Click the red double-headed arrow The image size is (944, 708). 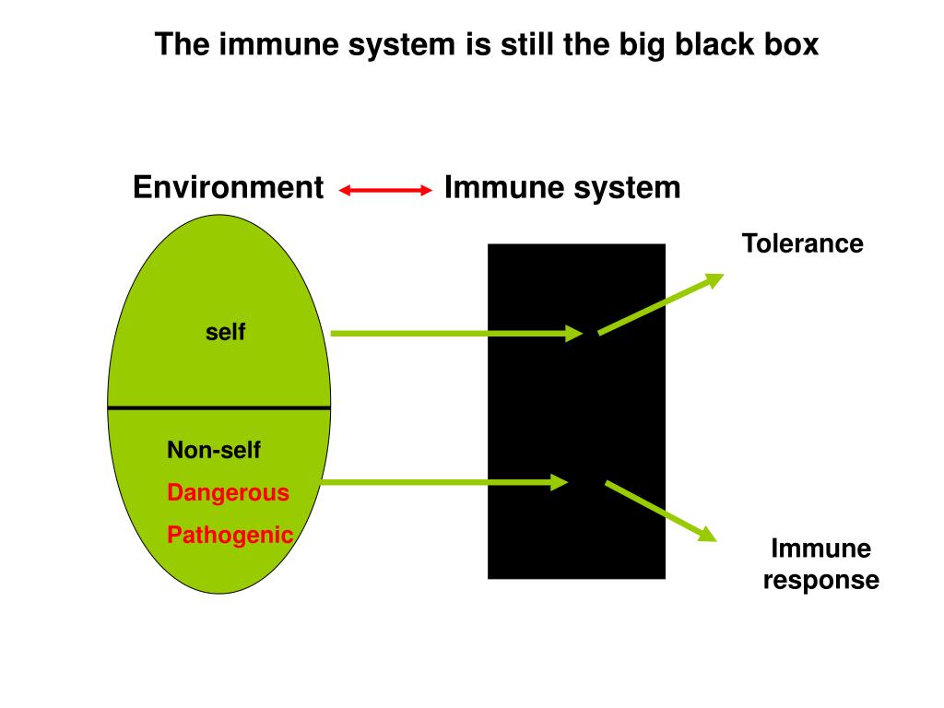tap(385, 190)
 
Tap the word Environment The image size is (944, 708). tap(229, 187)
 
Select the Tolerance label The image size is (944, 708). tap(803, 243)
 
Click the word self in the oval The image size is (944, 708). tap(225, 332)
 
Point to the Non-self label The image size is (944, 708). tap(214, 450)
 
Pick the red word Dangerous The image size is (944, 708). tap(229, 492)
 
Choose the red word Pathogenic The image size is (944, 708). tap(230, 535)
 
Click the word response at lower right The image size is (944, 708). tap(821, 581)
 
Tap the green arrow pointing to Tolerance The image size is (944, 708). tap(660, 304)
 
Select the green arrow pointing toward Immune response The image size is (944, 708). tap(660, 511)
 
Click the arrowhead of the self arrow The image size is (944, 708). tap(573, 333)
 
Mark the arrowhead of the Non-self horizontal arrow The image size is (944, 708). tap(560, 482)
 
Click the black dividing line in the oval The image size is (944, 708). tap(219, 408)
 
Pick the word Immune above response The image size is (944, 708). tap(821, 549)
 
